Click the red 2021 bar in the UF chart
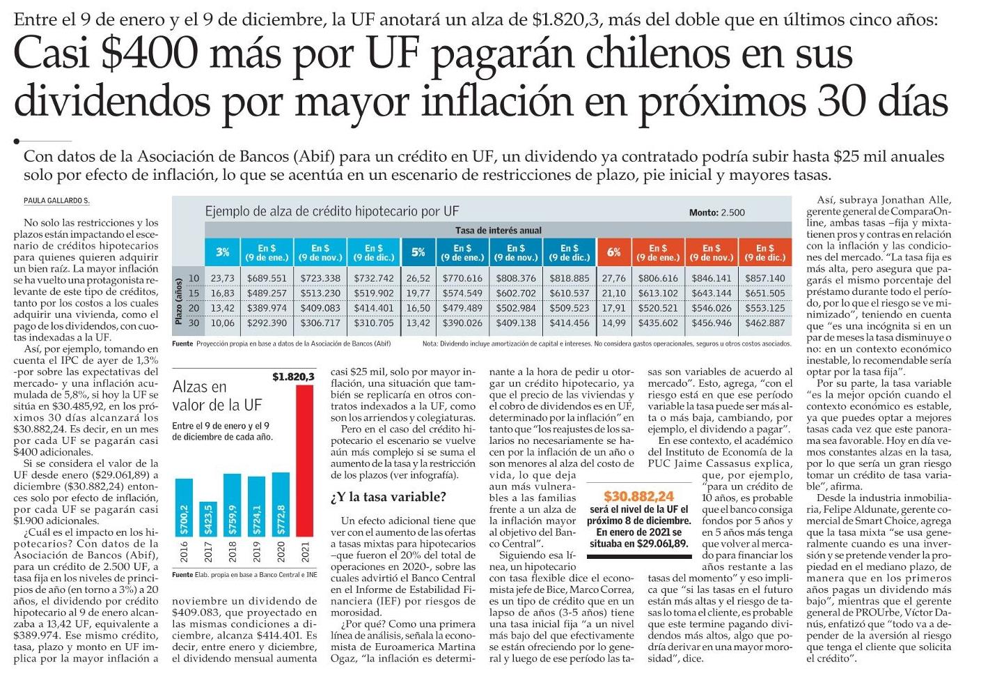(x=305, y=460)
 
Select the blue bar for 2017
(x=208, y=519)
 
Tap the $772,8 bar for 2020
(x=281, y=504)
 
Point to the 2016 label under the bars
(x=184, y=552)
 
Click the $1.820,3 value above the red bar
(x=293, y=377)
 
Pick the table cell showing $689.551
(x=267, y=278)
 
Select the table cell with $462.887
(x=765, y=323)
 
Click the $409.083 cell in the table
(x=320, y=308)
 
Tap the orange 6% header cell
(x=613, y=252)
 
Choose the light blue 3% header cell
(x=223, y=252)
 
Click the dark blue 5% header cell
(x=418, y=252)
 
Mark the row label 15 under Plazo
(x=194, y=293)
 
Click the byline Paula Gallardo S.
(x=56, y=201)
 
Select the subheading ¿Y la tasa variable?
(x=388, y=497)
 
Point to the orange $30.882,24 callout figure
(x=638, y=496)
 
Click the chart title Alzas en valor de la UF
(x=217, y=396)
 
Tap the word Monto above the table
(x=704, y=213)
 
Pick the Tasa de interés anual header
(x=499, y=231)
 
